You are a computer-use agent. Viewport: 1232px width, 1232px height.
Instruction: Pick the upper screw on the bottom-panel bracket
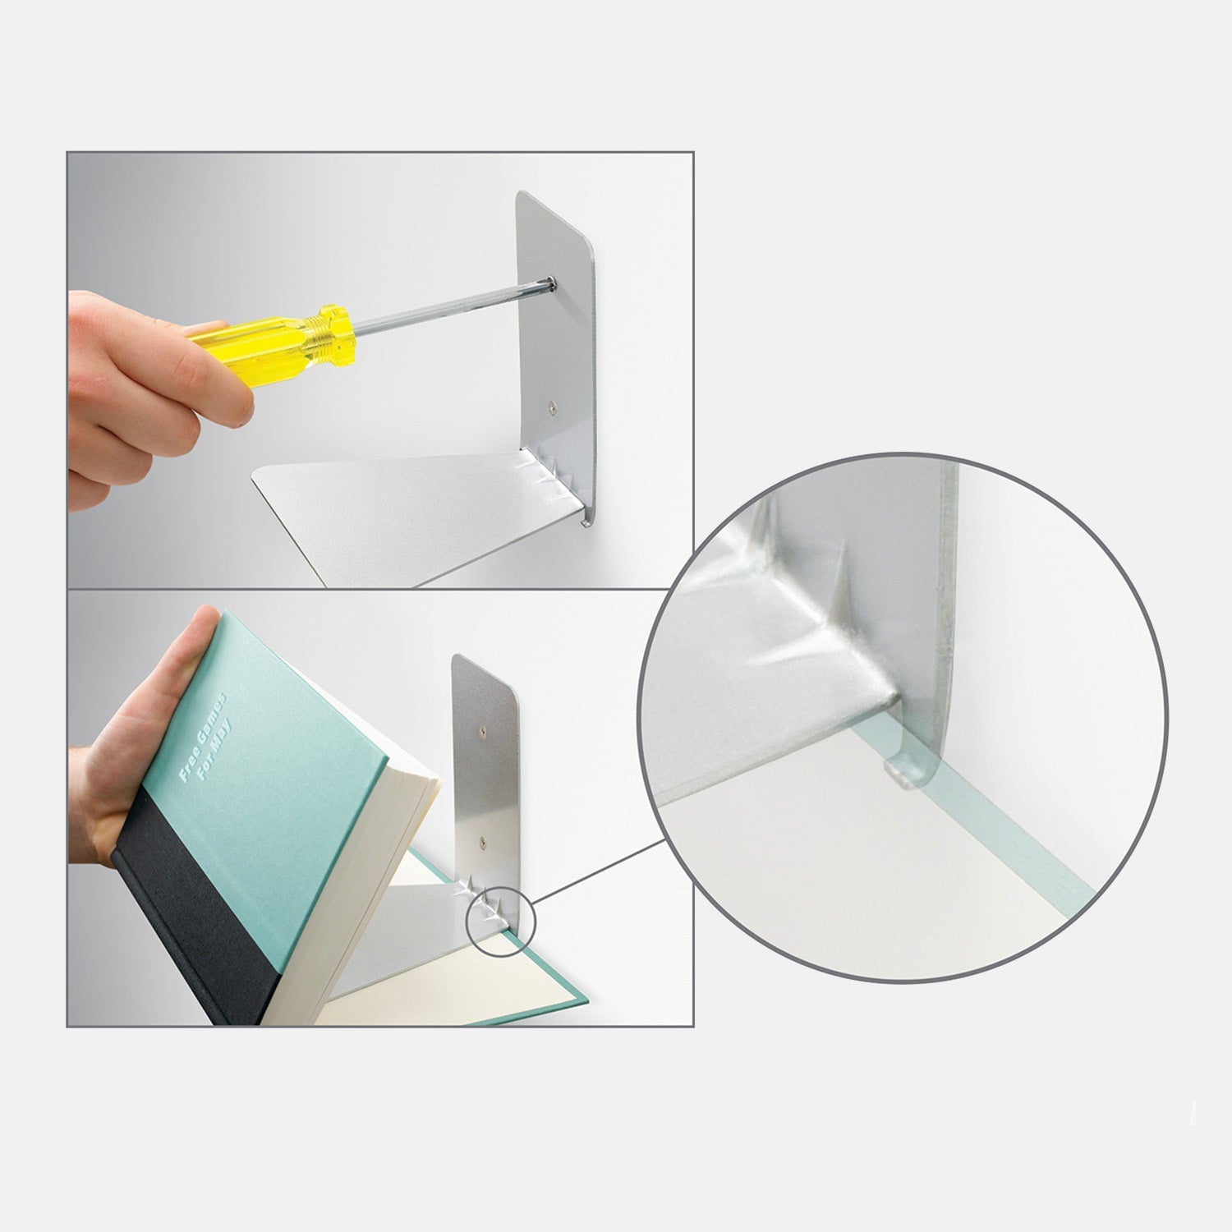pyautogui.click(x=482, y=727)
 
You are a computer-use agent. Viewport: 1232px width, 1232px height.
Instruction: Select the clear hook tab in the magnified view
pyautogui.click(x=901, y=770)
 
